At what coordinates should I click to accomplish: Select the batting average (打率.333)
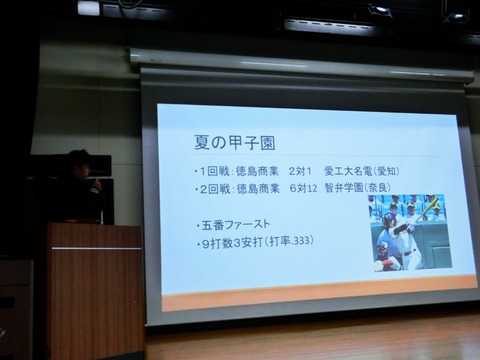[300, 241]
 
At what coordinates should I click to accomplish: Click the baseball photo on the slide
[409, 232]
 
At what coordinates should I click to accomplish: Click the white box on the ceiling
[88, 8]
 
